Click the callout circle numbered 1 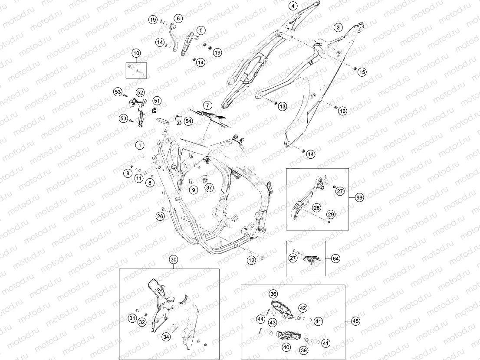(140, 145)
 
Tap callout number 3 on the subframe (338, 27)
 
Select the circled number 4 (293, 6)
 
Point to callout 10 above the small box (136, 53)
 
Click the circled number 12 (251, 260)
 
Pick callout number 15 (362, 72)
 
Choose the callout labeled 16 (342, 111)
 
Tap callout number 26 (161, 216)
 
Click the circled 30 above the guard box (174, 260)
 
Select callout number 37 (209, 187)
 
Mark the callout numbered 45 (355, 321)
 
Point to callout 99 (359, 198)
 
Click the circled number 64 (336, 259)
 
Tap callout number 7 (207, 105)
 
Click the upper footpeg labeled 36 (282, 309)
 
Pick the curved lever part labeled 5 (188, 44)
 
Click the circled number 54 (188, 121)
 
